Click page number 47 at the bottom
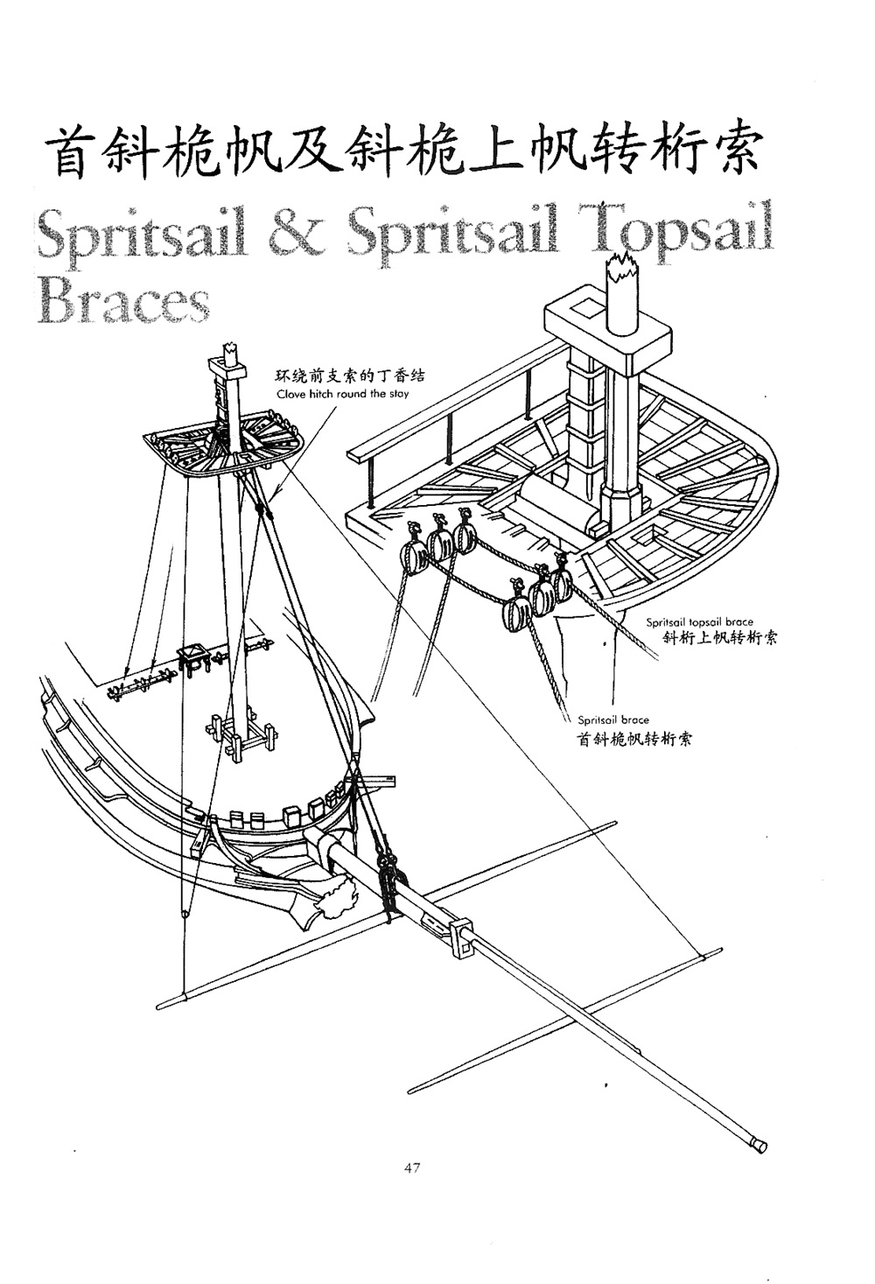413,1168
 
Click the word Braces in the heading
123,301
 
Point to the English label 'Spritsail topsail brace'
699,622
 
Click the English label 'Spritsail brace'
612,720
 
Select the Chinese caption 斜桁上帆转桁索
720,638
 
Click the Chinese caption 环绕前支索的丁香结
350,377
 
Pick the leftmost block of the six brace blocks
409,555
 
